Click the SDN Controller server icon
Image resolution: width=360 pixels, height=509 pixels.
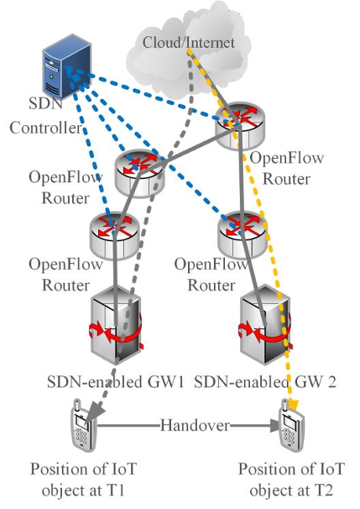pyautogui.click(x=67, y=67)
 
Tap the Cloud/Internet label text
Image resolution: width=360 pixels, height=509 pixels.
pyautogui.click(x=189, y=43)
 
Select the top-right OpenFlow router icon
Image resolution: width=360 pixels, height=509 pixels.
pyautogui.click(x=240, y=126)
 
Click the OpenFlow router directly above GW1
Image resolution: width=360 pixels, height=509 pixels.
pyautogui.click(x=114, y=236)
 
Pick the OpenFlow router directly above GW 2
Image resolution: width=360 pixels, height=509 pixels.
pyautogui.click(x=243, y=234)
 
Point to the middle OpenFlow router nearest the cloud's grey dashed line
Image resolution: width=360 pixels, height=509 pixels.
pyautogui.click(x=140, y=173)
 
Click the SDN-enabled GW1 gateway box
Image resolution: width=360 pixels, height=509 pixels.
pyautogui.click(x=116, y=324)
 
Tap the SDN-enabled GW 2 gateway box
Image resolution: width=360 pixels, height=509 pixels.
pyautogui.click(x=265, y=324)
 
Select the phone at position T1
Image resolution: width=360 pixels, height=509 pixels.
pyautogui.click(x=83, y=425)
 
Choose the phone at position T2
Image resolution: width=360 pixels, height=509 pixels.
pyautogui.click(x=292, y=425)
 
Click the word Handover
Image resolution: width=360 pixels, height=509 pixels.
pyautogui.click(x=195, y=425)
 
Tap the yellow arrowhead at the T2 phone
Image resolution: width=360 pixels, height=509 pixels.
pyautogui.click(x=293, y=405)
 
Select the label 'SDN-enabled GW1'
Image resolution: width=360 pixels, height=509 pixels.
pyautogui.click(x=116, y=381)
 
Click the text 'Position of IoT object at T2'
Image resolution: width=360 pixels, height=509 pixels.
pyautogui.click(x=291, y=480)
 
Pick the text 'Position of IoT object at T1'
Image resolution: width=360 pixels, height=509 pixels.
pyautogui.click(x=83, y=480)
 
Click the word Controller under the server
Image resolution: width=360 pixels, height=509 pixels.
pyautogui.click(x=45, y=128)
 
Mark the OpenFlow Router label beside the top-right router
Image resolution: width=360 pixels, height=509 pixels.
pyautogui.click(x=287, y=168)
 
